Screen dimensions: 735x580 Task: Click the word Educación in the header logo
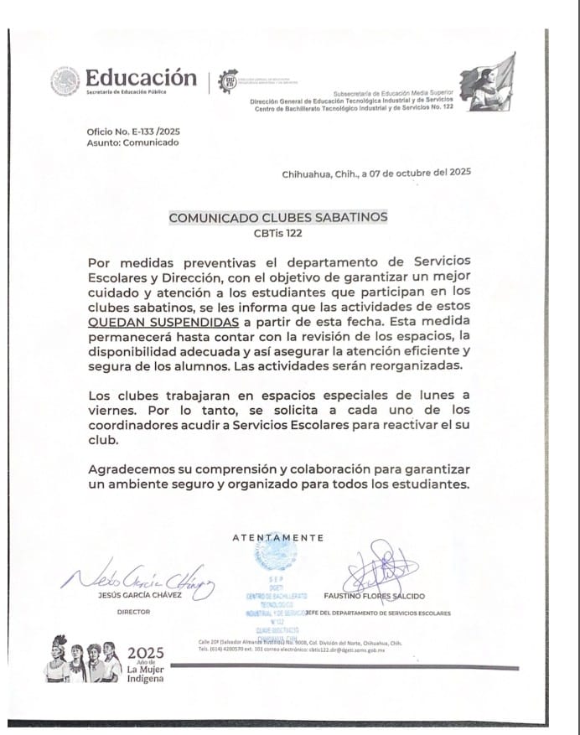pos(141,77)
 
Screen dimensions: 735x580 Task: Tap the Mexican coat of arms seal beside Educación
pos(64,80)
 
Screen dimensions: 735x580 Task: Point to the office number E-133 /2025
pos(133,132)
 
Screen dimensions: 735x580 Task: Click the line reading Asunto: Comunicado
pos(132,143)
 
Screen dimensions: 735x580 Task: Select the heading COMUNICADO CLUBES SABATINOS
pos(278,216)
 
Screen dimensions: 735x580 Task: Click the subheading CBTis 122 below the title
pos(278,233)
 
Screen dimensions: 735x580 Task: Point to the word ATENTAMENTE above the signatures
pos(277,537)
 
